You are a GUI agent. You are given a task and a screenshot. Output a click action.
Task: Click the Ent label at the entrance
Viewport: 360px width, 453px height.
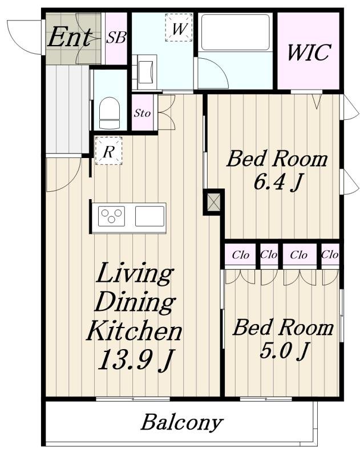tap(70, 37)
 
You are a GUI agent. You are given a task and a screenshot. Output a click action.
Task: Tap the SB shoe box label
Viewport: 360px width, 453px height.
tap(116, 38)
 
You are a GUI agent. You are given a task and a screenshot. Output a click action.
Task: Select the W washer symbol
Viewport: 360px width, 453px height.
tap(179, 28)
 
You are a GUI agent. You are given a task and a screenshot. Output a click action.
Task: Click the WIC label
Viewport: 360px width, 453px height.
tap(309, 52)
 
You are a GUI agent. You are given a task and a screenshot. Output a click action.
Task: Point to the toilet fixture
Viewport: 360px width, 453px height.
tap(110, 112)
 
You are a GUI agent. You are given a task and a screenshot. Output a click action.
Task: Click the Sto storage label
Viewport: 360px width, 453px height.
tap(142, 113)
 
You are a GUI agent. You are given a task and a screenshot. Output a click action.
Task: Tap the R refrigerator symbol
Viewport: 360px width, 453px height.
tap(108, 151)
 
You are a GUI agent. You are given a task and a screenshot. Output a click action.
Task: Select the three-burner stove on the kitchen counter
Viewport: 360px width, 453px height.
tap(111, 216)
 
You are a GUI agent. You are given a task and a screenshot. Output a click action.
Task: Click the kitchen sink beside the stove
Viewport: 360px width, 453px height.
tap(149, 216)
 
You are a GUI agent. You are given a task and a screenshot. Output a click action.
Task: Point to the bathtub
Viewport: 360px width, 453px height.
tap(236, 33)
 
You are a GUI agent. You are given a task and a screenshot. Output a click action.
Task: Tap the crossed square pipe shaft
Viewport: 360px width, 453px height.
tap(214, 202)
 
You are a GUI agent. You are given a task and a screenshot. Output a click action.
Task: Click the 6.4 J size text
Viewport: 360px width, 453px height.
tap(278, 183)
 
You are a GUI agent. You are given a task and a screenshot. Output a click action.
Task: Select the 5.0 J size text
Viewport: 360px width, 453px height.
tap(284, 350)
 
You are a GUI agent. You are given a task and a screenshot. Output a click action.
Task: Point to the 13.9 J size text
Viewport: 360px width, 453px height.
tap(136, 359)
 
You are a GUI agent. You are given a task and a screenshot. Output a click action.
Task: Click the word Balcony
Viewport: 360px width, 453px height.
tap(182, 423)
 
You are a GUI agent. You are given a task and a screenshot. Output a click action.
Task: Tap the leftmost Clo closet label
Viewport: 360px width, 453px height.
tap(241, 255)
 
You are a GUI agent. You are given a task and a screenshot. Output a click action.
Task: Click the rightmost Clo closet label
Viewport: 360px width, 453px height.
tap(330, 255)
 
